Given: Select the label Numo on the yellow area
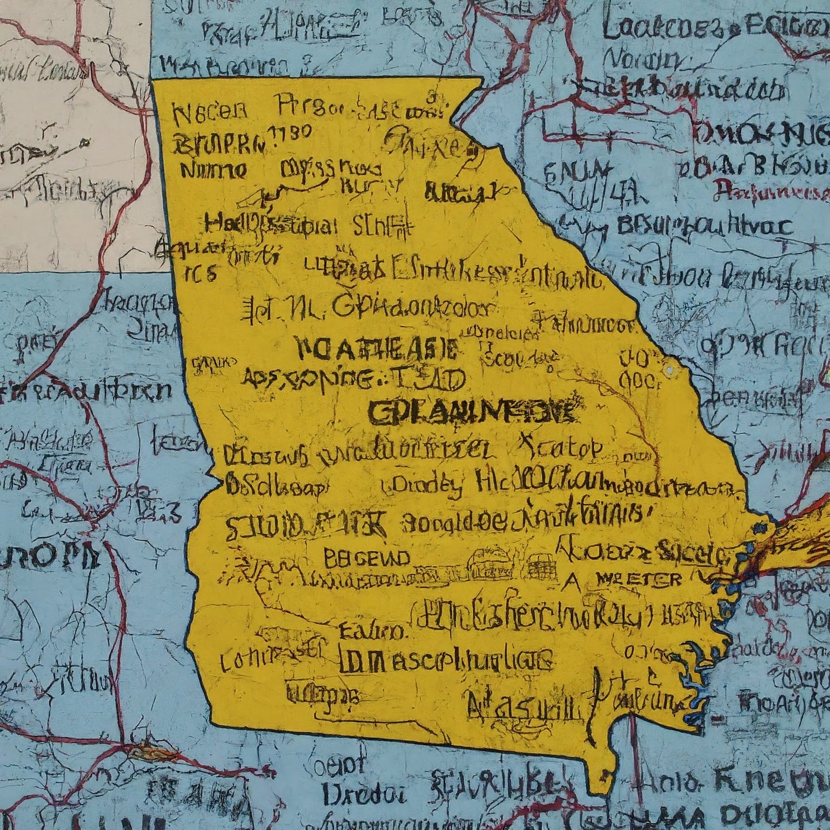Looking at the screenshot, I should (x=212, y=171).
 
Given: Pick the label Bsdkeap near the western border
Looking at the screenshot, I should (x=276, y=485).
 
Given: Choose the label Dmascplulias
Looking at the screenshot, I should (x=446, y=659).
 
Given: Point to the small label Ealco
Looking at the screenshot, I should (x=372, y=630).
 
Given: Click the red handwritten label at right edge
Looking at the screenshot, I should (x=772, y=190).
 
